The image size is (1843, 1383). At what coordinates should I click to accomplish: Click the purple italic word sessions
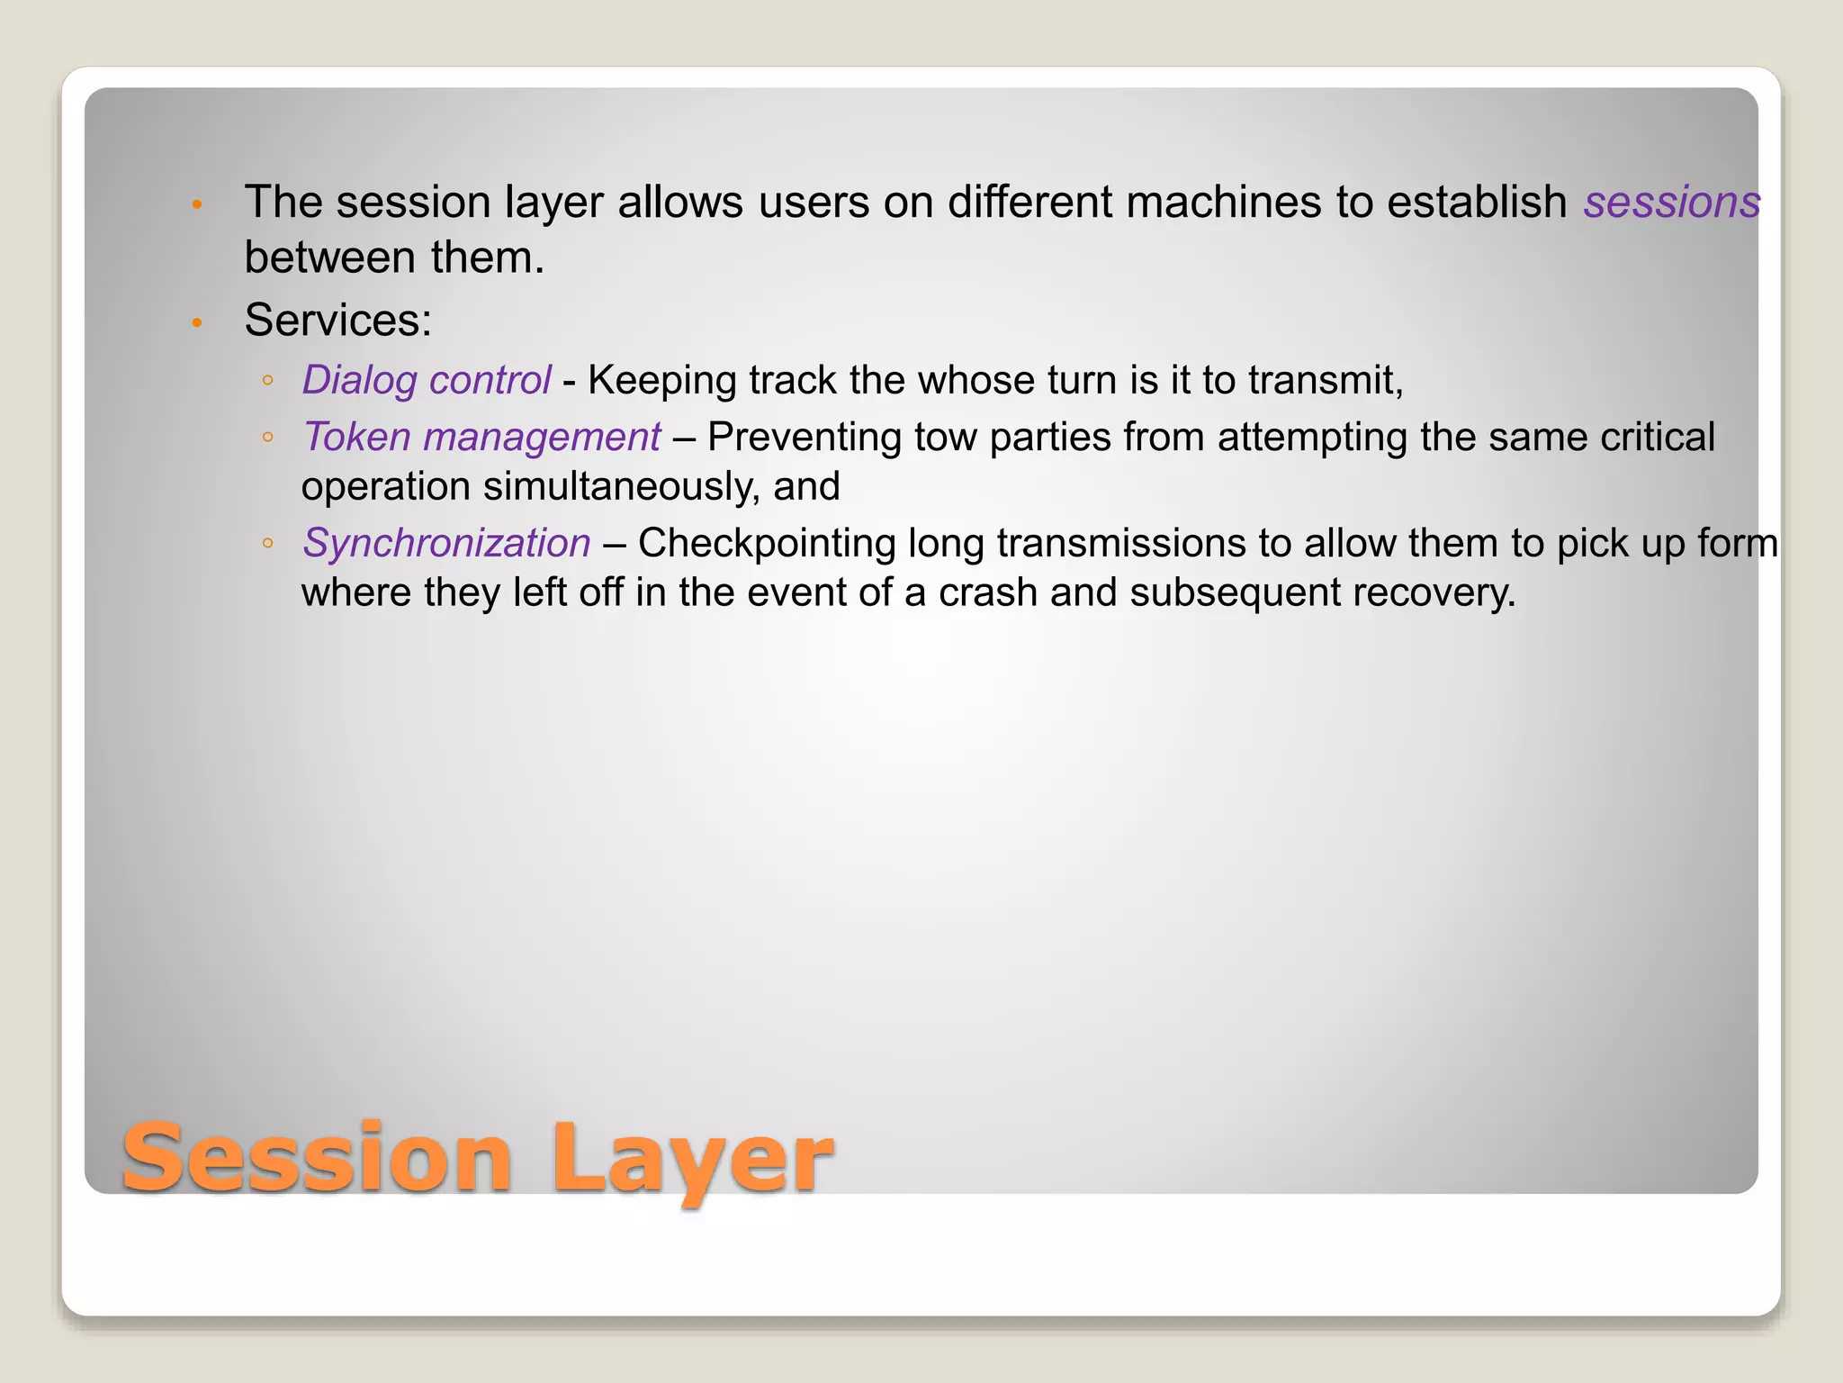pyautogui.click(x=1671, y=203)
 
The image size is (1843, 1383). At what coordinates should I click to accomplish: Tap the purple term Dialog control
pyautogui.click(x=426, y=380)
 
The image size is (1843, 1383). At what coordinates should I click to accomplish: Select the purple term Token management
pyautogui.click(x=481, y=438)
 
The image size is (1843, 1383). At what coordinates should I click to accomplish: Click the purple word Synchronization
pyautogui.click(x=446, y=543)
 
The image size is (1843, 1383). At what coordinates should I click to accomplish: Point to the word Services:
pyautogui.click(x=338, y=320)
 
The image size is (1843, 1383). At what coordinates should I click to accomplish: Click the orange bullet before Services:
pyautogui.click(x=197, y=321)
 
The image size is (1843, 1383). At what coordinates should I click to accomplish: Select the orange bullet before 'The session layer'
pyautogui.click(x=197, y=204)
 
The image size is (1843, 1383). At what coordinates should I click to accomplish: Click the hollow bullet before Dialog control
pyautogui.click(x=267, y=381)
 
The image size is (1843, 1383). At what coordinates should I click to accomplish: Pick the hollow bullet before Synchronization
pyautogui.click(x=267, y=544)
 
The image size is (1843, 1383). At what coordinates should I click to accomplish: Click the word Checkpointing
pyautogui.click(x=767, y=544)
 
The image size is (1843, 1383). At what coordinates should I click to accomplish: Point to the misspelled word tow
pyautogui.click(x=947, y=438)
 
